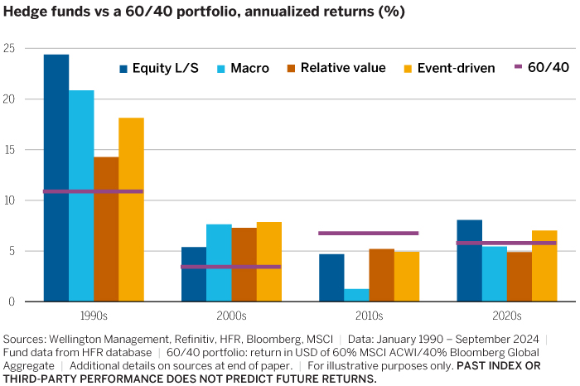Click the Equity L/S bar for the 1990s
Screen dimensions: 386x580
click(56, 178)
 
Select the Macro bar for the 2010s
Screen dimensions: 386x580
click(357, 295)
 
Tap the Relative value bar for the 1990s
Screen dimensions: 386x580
click(106, 229)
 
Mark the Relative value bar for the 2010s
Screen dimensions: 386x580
click(382, 275)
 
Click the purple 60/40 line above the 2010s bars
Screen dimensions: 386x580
click(369, 233)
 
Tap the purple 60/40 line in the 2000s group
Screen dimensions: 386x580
click(231, 267)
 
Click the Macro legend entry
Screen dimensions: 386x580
click(241, 68)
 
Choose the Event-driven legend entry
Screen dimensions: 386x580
click(447, 68)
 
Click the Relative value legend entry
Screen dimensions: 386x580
click(336, 68)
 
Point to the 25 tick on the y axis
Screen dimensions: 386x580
click(9, 48)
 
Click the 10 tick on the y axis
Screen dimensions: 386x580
click(9, 200)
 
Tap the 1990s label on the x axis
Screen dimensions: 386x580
click(93, 316)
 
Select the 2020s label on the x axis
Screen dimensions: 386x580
click(506, 316)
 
